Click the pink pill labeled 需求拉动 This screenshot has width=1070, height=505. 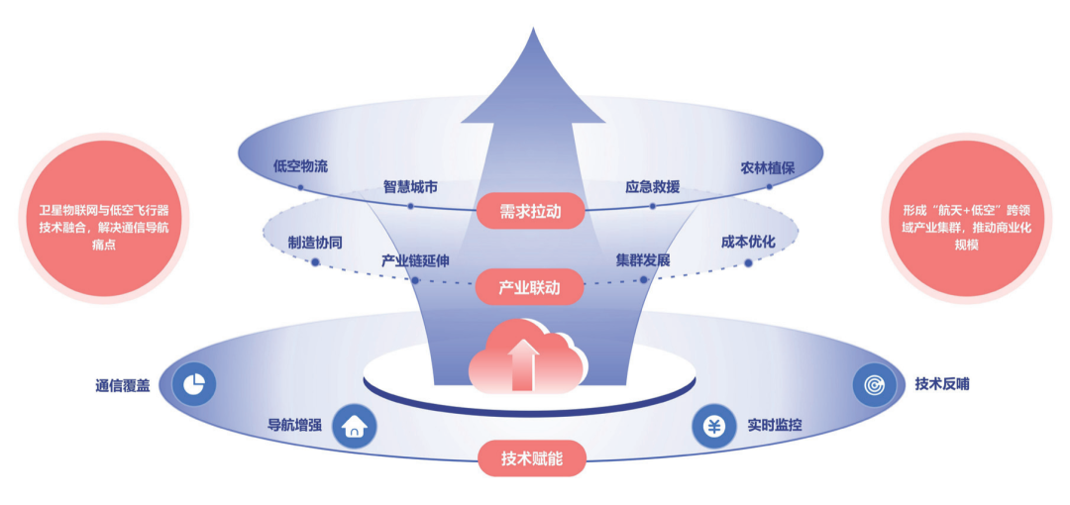coord(530,210)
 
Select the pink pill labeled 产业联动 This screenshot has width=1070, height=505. coord(530,286)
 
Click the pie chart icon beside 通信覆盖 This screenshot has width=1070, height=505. coord(194,385)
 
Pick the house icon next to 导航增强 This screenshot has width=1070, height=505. coord(354,427)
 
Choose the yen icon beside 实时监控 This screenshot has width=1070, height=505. coord(713,427)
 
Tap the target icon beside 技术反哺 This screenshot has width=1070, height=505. coord(875,385)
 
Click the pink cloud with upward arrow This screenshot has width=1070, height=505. coord(526,356)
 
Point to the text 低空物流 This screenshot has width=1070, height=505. coord(299,166)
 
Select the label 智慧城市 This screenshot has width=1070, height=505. coord(410,186)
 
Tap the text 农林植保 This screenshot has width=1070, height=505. coord(768,168)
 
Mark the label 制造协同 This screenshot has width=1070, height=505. coord(315,244)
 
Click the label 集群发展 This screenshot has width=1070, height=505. coord(643,260)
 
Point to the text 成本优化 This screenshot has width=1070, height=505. coord(748,243)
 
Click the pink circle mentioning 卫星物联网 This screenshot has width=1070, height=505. coord(104,219)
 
